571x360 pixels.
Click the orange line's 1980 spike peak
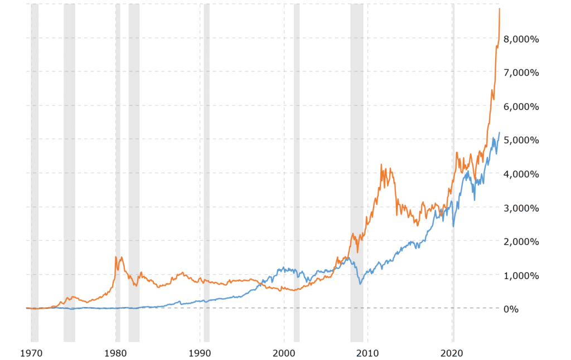115,257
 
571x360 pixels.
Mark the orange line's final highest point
500,9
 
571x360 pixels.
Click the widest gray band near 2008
356,167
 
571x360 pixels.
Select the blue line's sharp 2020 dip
453,226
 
